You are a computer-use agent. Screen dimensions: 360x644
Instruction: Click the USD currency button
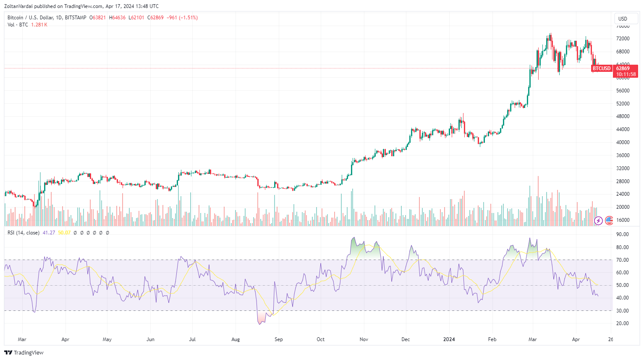click(x=623, y=18)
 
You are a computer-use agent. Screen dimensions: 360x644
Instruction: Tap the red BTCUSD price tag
click(x=601, y=68)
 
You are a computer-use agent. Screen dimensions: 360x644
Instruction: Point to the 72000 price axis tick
click(x=623, y=39)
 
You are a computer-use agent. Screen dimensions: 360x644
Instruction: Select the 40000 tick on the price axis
click(x=623, y=142)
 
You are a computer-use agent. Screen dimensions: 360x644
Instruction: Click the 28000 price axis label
click(x=623, y=181)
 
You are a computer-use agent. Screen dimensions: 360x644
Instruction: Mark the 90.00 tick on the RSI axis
click(x=622, y=234)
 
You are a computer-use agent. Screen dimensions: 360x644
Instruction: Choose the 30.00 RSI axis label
click(x=622, y=311)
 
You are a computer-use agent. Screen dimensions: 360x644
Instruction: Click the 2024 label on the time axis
click(x=449, y=339)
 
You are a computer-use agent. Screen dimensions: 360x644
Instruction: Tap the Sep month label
click(x=278, y=339)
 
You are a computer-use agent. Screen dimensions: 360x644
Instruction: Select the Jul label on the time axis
click(x=192, y=339)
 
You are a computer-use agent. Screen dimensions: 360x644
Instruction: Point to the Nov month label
click(x=364, y=339)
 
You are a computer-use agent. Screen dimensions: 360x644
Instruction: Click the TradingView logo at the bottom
click(x=24, y=352)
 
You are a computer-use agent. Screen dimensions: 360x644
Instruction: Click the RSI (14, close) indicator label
click(x=24, y=233)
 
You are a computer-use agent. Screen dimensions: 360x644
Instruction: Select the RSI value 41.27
click(x=49, y=233)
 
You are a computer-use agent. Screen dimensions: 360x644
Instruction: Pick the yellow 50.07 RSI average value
click(x=64, y=233)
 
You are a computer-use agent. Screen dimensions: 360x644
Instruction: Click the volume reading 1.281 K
click(x=39, y=25)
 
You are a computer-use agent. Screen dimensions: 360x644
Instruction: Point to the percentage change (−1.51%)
click(x=188, y=18)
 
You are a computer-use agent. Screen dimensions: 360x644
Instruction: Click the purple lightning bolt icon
click(x=598, y=221)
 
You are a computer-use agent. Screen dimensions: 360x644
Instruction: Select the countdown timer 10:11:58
click(x=626, y=74)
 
